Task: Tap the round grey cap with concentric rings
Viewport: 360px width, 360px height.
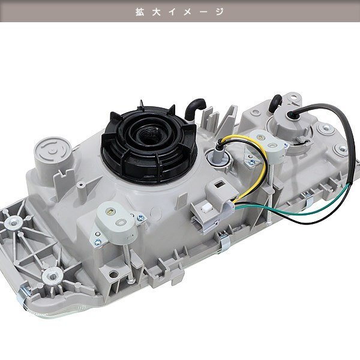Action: tap(53, 151)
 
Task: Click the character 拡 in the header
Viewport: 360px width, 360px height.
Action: tap(140, 12)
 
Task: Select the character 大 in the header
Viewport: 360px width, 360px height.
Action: tap(157, 12)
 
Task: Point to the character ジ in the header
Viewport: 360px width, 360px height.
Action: tap(220, 12)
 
